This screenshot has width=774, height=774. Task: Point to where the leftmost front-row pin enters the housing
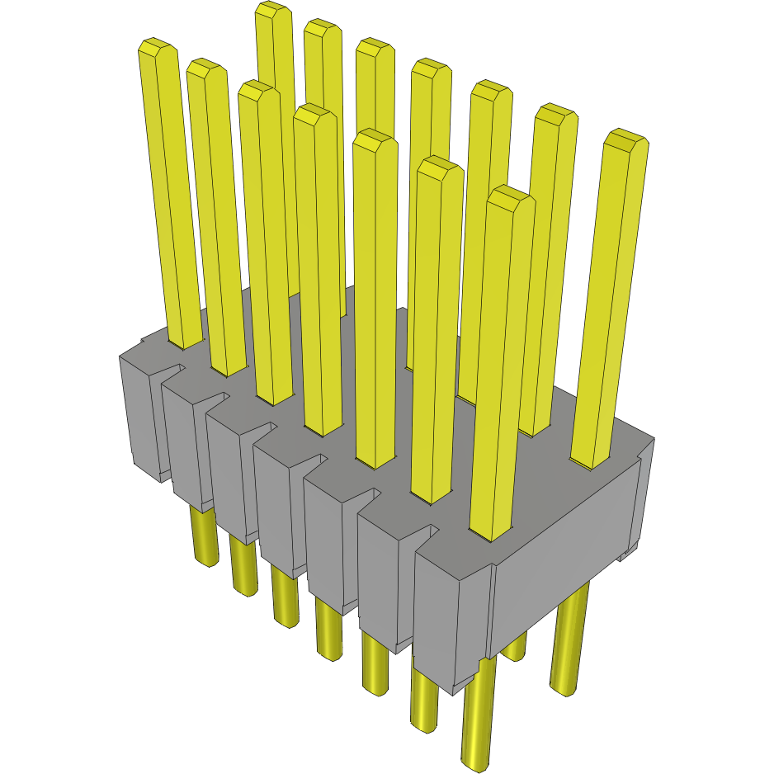click(186, 342)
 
